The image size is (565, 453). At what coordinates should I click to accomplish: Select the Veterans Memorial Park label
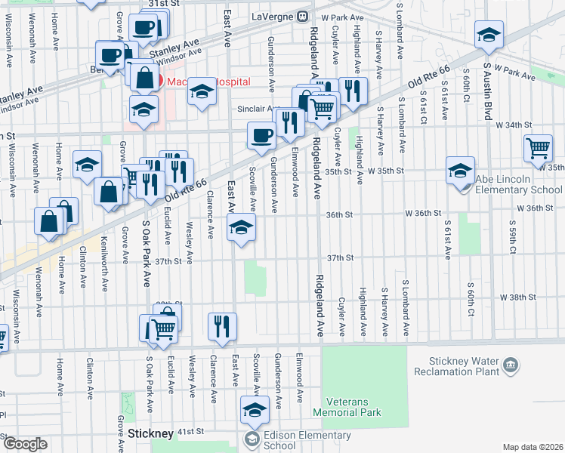[x=354, y=407]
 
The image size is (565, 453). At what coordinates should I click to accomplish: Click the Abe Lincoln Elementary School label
[x=518, y=190]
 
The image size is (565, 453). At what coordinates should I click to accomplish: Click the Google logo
[x=25, y=444]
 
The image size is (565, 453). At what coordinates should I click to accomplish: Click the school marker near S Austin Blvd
[x=489, y=35]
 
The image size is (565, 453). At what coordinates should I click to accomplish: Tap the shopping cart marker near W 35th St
[x=538, y=147]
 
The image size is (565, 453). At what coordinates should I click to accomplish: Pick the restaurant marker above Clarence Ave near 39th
[x=221, y=326]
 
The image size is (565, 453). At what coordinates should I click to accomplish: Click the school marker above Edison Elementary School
[x=255, y=410]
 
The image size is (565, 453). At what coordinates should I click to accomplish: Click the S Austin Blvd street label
[x=488, y=94]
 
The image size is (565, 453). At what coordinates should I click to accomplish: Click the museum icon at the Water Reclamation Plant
[x=512, y=366]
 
